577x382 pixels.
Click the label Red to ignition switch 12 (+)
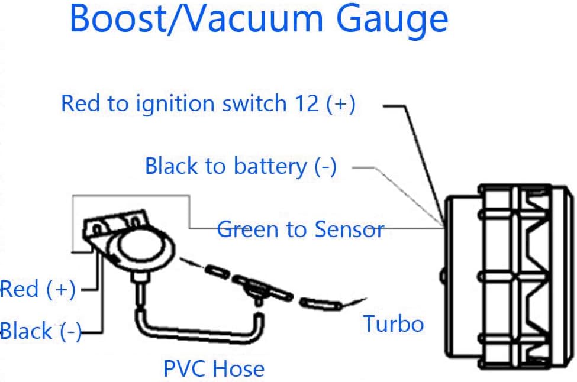[x=208, y=103]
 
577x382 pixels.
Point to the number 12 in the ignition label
[x=307, y=103]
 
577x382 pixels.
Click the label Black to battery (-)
[x=241, y=166]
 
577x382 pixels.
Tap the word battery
[x=270, y=167]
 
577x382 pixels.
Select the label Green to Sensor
[x=301, y=229]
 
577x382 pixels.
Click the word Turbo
[x=394, y=324]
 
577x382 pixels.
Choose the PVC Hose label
[x=214, y=368]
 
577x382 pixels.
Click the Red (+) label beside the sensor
[x=37, y=289]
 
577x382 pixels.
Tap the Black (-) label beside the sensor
[x=40, y=331]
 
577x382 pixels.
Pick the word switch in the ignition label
[x=254, y=103]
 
